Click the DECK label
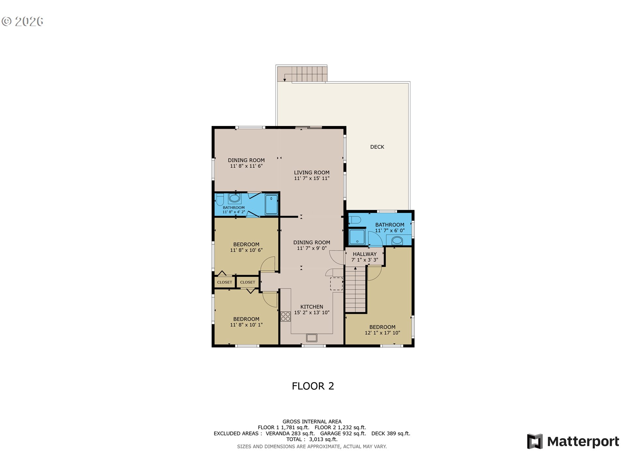pyautogui.click(x=377, y=147)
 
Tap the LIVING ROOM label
pyautogui.click(x=312, y=173)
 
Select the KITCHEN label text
pyautogui.click(x=312, y=307)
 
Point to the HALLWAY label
pyautogui.click(x=365, y=254)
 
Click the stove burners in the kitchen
pyautogui.click(x=286, y=317)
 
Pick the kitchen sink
pyautogui.click(x=312, y=338)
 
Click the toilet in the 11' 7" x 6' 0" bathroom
pyautogui.click(x=355, y=220)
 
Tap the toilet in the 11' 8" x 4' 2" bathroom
pyautogui.click(x=220, y=199)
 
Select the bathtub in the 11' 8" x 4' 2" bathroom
pyautogui.click(x=271, y=205)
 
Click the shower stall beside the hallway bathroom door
pyautogui.click(x=357, y=237)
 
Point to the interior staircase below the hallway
pyautogui.click(x=355, y=290)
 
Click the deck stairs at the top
pyautogui.click(x=302, y=74)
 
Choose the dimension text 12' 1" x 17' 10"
pyautogui.click(x=382, y=333)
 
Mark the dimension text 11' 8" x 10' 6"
pyautogui.click(x=246, y=250)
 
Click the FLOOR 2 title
pyautogui.click(x=313, y=386)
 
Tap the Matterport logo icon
pyautogui.click(x=535, y=441)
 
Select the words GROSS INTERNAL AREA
pyautogui.click(x=312, y=422)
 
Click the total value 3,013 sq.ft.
pyautogui.click(x=323, y=439)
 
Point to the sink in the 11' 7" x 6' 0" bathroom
pyautogui.click(x=397, y=241)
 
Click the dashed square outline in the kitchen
pyautogui.click(x=336, y=284)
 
